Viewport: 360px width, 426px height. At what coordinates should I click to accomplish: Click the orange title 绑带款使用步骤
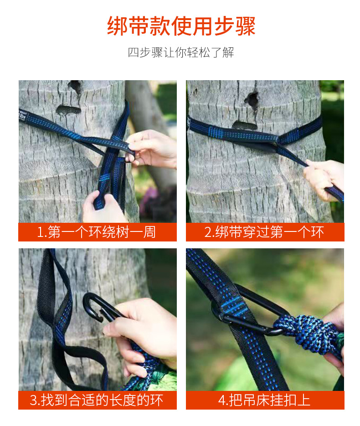tap(181, 26)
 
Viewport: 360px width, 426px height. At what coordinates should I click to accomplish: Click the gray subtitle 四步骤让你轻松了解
tap(181, 52)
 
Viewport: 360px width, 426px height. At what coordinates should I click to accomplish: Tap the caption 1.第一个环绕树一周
tap(96, 232)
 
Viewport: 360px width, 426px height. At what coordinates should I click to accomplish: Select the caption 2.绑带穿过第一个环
tap(264, 232)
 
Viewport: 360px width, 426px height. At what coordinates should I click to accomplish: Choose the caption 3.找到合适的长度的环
tap(97, 400)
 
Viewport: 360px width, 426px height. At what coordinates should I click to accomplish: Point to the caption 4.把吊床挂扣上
tap(264, 400)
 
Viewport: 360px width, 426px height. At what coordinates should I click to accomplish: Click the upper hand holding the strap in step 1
tap(152, 148)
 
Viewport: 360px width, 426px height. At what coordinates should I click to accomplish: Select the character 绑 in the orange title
tap(117, 26)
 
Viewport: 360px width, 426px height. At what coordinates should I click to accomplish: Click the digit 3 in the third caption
tap(33, 400)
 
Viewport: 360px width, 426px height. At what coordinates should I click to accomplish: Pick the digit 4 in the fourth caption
tap(222, 400)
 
